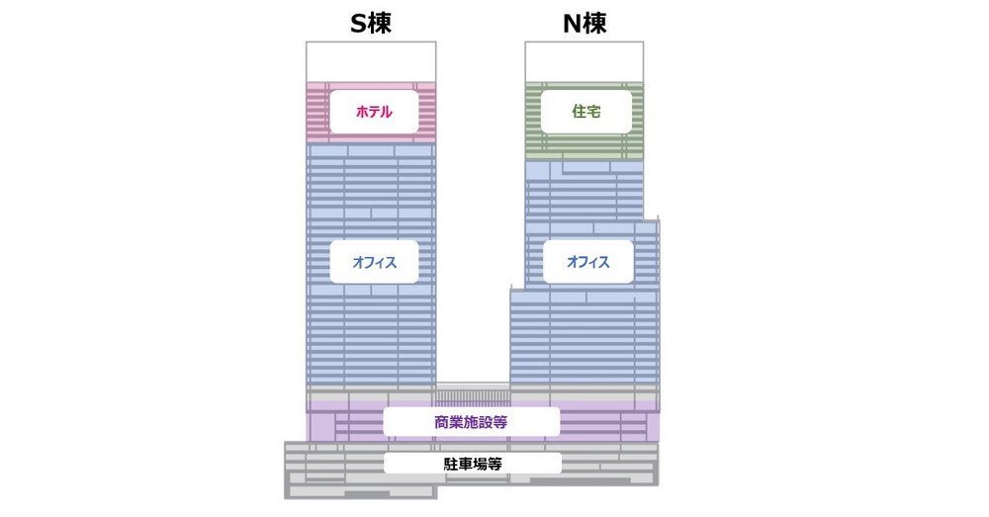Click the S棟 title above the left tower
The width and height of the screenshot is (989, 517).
(x=371, y=24)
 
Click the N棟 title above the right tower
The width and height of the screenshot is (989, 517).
(x=584, y=24)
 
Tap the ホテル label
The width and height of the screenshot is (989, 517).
(x=374, y=112)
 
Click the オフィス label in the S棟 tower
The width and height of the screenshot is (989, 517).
(x=374, y=262)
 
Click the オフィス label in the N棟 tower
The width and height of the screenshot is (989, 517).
(x=587, y=262)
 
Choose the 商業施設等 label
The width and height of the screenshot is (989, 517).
(x=471, y=422)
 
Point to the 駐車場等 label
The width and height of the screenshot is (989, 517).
(x=472, y=463)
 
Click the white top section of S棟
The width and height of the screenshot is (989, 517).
(x=371, y=62)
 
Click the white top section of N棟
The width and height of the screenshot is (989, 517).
(x=584, y=61)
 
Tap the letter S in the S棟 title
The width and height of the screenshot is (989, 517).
(x=359, y=24)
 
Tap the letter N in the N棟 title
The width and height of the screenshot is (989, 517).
(x=572, y=24)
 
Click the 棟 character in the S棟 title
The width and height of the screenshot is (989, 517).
(x=381, y=24)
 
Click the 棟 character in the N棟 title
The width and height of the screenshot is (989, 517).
(x=595, y=24)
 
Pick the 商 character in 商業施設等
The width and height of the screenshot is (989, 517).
(x=441, y=422)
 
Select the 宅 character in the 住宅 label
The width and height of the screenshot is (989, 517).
(x=593, y=112)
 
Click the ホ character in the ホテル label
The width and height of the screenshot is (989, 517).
(x=363, y=112)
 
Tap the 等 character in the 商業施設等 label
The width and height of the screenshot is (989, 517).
(x=501, y=422)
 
